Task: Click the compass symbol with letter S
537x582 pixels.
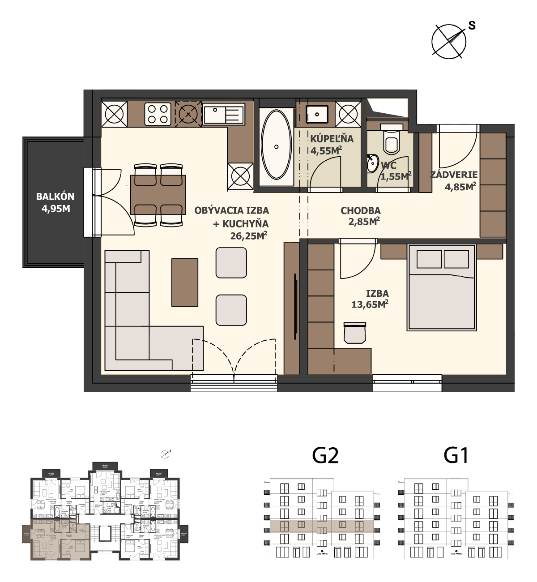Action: click(449, 41)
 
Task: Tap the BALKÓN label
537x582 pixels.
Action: click(55, 197)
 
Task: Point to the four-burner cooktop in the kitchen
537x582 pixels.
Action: click(158, 114)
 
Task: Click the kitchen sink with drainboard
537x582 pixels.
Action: click(223, 114)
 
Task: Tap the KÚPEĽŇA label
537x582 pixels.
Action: click(332, 139)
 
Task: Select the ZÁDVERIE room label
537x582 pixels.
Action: click(454, 175)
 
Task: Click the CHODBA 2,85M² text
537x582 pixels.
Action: click(361, 216)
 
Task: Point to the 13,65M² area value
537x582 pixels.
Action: click(369, 305)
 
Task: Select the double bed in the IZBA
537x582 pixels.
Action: click(441, 287)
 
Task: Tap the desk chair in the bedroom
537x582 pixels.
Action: click(355, 333)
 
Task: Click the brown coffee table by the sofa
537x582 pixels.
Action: click(185, 282)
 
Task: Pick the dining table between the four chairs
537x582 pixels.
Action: click(158, 195)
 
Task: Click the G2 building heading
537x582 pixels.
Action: click(325, 456)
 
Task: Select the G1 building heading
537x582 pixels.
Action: click(456, 456)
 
